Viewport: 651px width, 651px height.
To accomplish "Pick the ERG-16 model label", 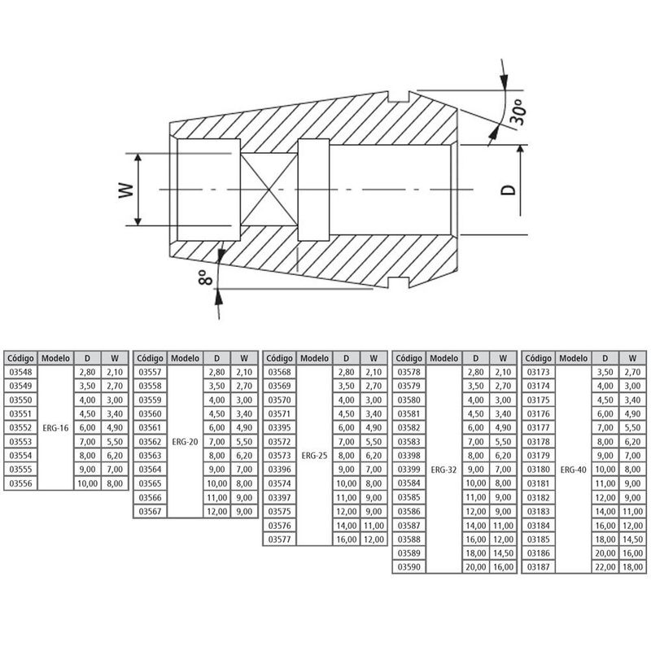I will [55, 426].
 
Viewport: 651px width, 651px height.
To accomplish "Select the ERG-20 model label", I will [185, 440].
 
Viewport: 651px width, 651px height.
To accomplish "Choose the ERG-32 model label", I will [443, 470].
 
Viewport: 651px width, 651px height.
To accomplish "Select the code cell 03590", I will [409, 566].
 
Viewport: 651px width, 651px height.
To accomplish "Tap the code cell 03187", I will [539, 566].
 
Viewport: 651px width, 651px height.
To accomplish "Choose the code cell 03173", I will [539, 371].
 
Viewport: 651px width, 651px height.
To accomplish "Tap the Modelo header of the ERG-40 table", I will [574, 357].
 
